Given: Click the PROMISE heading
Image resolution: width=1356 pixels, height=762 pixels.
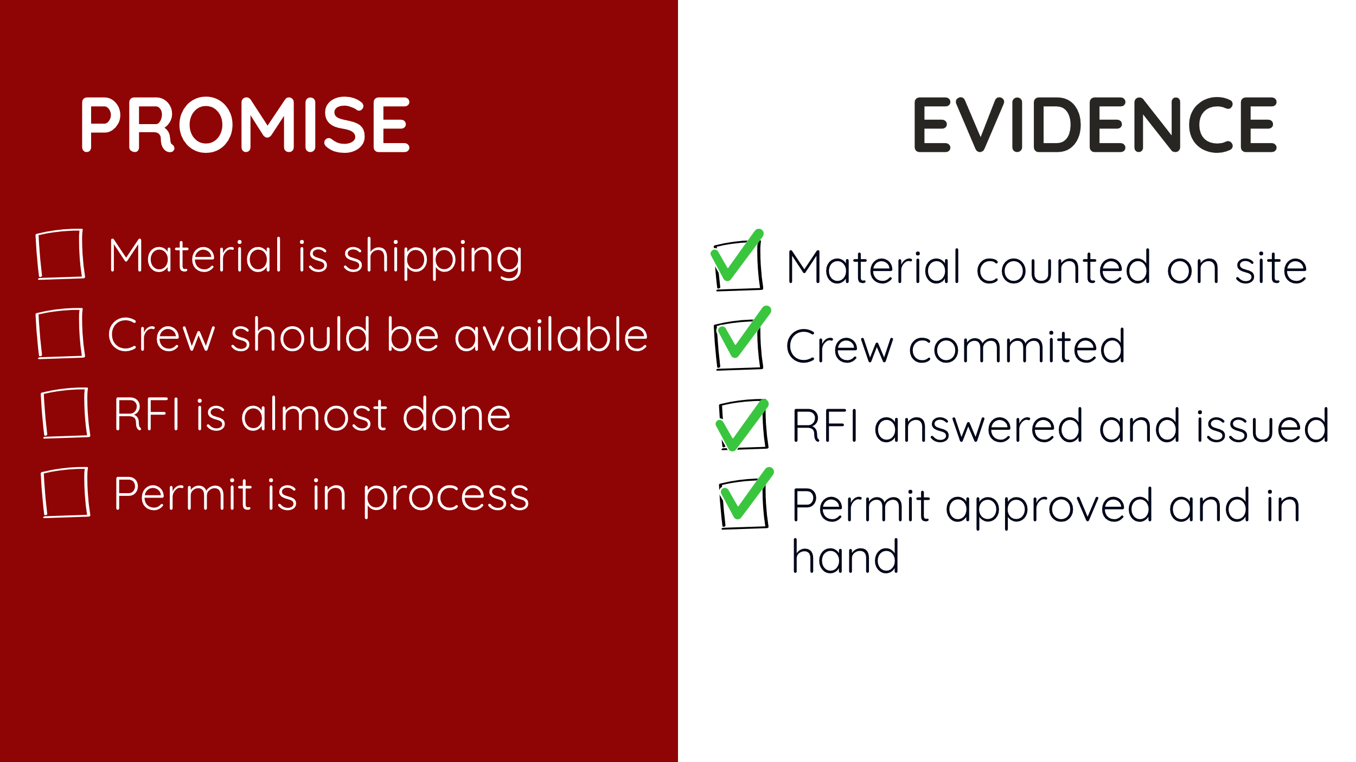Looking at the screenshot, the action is coord(245,125).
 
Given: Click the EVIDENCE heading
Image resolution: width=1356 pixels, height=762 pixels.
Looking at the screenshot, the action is coord(1096,125).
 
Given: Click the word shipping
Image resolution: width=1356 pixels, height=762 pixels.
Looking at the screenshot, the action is coord(433,258).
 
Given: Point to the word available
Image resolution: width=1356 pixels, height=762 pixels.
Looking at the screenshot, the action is coord(551,334).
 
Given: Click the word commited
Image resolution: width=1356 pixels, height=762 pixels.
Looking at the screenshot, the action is coord(1017,346).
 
